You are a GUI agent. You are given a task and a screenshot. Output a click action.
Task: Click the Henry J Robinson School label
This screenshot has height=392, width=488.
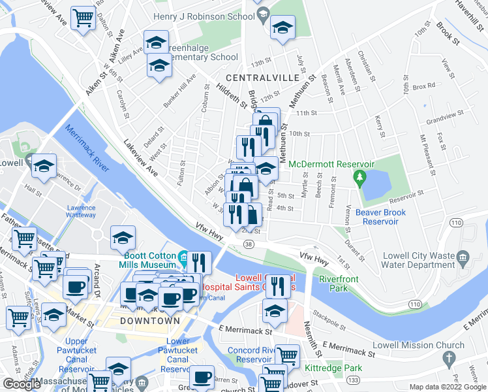pos(204,16)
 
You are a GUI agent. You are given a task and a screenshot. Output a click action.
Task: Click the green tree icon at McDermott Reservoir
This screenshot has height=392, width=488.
pos(358,177)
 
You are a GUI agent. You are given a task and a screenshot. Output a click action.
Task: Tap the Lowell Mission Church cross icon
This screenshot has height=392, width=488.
pos(448,358)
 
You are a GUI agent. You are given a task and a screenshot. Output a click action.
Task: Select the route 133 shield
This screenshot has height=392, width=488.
pos(353,380)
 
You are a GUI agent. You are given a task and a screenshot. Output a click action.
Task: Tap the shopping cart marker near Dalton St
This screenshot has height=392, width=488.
pos(84,18)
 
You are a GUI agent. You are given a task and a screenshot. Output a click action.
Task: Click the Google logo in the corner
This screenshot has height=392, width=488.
pos(22,384)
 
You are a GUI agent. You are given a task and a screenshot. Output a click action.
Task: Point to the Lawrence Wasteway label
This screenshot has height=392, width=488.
pos(81,211)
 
